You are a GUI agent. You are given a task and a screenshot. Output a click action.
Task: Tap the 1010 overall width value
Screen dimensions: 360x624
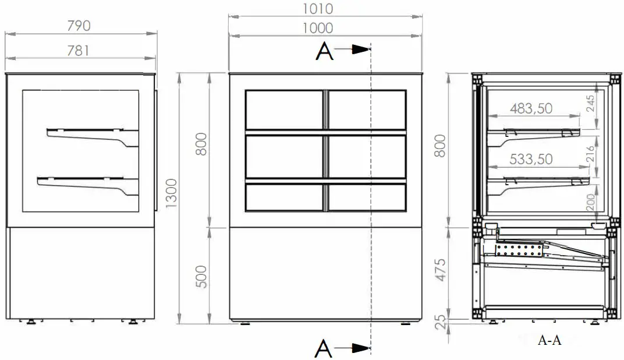[x=318, y=9]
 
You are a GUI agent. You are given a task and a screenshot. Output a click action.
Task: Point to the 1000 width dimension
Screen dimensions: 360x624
[x=318, y=28]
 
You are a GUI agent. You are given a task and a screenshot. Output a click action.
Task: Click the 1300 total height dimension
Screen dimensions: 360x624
[x=171, y=196]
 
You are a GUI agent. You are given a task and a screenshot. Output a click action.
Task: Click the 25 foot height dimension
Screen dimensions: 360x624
[x=440, y=320]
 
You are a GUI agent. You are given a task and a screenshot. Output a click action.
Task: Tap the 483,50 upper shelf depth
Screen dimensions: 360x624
[x=531, y=108]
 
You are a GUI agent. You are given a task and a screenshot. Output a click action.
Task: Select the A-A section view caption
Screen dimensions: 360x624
[x=549, y=341]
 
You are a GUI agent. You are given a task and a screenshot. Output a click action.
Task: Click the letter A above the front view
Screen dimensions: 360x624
[x=324, y=52]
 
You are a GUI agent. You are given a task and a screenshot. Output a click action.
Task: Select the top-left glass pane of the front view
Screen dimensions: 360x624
[x=284, y=110]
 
